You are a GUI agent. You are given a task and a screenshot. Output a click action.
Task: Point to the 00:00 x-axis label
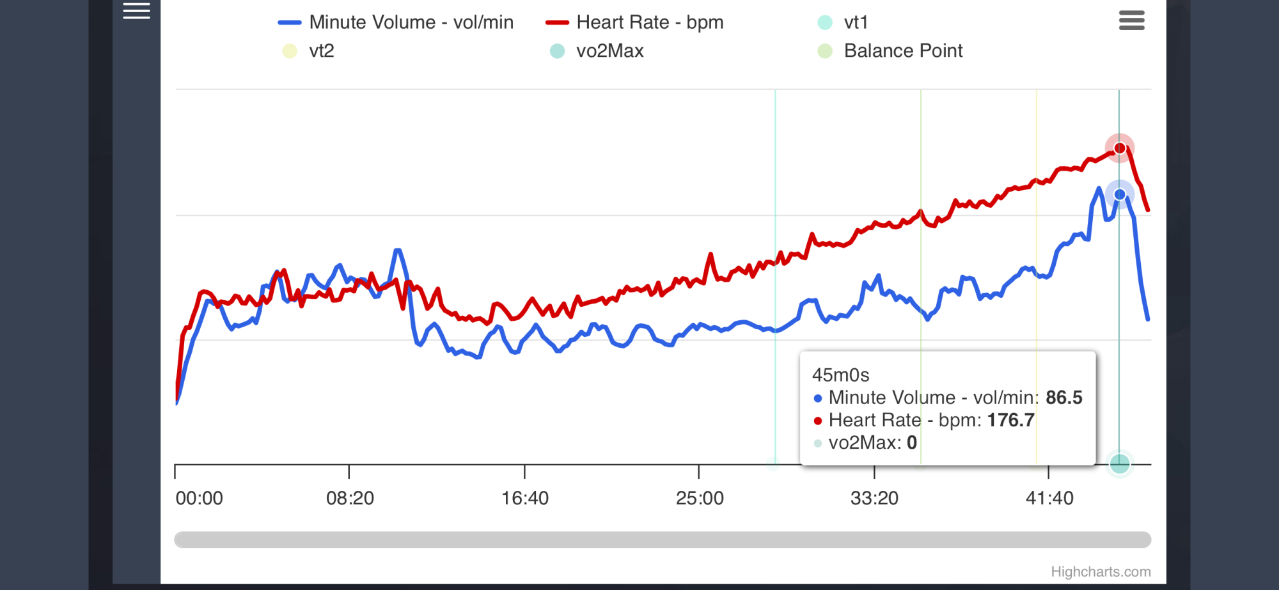(200, 499)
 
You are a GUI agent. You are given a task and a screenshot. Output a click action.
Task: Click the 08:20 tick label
(350, 499)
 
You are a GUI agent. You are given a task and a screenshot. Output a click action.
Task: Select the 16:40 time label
(525, 499)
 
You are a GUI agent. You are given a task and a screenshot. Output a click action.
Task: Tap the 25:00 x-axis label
(700, 499)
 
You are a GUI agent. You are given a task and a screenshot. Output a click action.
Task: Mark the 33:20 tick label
(874, 499)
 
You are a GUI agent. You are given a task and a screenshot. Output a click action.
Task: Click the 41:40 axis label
(1049, 499)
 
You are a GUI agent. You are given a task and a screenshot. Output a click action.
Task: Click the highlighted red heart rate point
(1120, 148)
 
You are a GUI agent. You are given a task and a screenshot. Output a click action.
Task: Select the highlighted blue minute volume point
(1120, 194)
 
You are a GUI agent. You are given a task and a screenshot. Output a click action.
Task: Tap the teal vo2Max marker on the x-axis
(1119, 464)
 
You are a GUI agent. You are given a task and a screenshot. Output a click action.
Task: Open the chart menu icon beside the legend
(1131, 20)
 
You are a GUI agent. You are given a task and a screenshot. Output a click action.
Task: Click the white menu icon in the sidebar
(136, 11)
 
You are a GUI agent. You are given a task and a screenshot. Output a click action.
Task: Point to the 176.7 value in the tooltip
(1010, 420)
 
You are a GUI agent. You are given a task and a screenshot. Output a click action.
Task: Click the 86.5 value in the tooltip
(1063, 398)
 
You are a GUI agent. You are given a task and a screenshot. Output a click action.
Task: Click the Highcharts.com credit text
(1101, 572)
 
